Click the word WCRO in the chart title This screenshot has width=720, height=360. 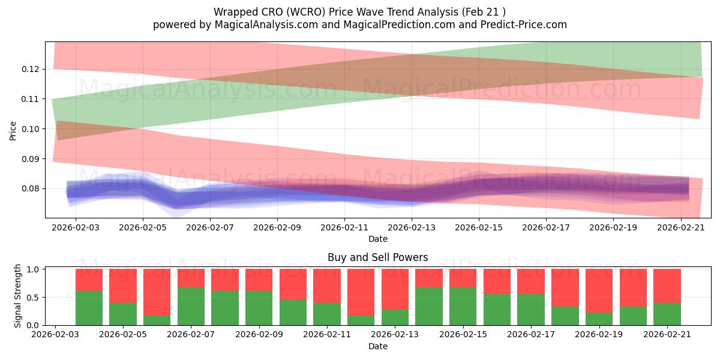307,12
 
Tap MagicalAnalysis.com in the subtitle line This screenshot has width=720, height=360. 266,25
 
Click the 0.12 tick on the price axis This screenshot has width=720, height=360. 30,69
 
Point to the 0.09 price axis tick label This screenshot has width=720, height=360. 30,159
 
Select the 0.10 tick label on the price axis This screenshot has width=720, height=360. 30,129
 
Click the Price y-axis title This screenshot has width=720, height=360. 13,131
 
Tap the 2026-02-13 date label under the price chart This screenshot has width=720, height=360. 412,227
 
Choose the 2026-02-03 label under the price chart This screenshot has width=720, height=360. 76,227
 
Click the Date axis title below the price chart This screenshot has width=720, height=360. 378,239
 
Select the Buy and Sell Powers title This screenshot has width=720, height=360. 377,257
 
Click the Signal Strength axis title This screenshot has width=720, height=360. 17,296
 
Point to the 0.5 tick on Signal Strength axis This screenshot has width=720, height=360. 33,298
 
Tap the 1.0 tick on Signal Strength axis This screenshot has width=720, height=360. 33,269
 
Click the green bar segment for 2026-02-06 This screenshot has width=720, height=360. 157,320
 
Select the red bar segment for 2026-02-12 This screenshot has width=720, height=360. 361,292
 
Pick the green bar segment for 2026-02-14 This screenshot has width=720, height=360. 429,307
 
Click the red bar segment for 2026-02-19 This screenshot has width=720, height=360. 599,291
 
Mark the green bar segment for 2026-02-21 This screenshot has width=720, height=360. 667,314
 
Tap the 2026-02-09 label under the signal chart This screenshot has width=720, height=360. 259,335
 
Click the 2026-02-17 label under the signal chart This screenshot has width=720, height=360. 530,335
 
